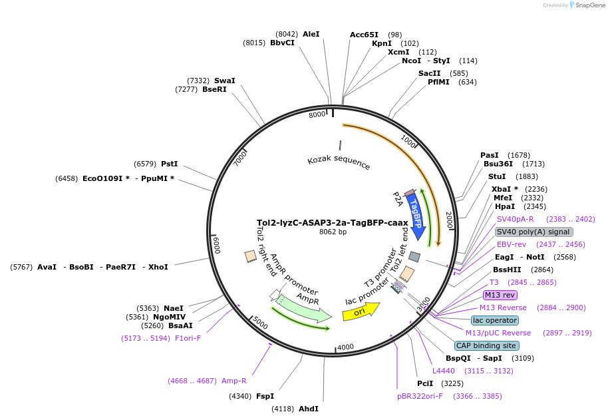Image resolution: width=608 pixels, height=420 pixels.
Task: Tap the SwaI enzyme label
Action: [225, 81]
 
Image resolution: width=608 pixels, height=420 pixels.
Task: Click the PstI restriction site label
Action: [170, 164]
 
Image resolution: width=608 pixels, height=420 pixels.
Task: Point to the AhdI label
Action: [308, 409]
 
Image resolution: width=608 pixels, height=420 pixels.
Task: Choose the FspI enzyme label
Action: [265, 396]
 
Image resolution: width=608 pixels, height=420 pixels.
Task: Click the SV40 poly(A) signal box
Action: [533, 232]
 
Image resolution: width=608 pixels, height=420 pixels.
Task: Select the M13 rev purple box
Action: [500, 295]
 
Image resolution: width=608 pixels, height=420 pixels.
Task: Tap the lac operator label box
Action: [495, 320]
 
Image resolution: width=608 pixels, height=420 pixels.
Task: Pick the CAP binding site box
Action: [486, 345]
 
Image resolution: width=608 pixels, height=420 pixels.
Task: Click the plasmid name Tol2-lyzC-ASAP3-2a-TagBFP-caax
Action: [333, 222]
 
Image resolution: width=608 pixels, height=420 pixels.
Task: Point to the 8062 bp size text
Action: [333, 232]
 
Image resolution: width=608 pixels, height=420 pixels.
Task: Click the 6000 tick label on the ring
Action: [216, 245]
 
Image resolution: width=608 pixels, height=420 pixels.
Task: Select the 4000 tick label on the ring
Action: [345, 347]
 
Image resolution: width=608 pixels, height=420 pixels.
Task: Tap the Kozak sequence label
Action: [339, 162]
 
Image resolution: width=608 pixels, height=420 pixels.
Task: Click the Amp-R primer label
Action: [233, 381]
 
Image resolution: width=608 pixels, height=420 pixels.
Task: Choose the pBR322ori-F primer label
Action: [420, 396]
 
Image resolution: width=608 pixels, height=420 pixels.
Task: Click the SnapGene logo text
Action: [590, 5]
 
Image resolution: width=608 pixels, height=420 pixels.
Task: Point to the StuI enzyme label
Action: [497, 176]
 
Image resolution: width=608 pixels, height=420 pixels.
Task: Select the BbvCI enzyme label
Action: [282, 43]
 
